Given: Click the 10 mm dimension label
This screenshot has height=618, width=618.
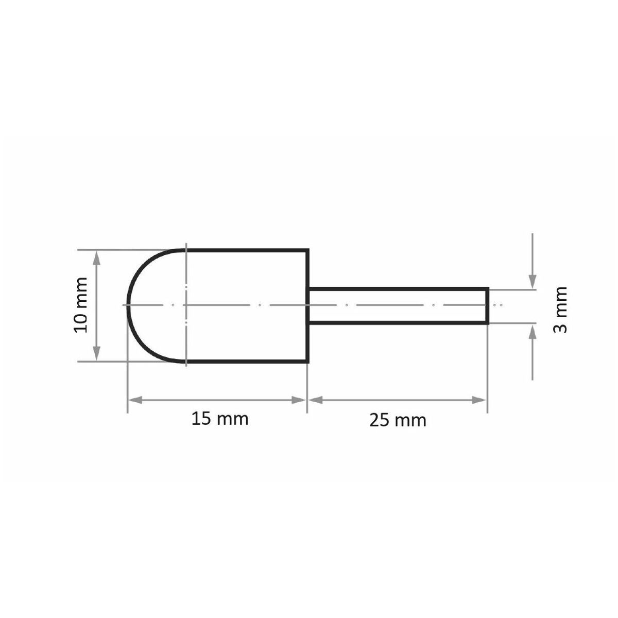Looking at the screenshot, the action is click(x=80, y=305).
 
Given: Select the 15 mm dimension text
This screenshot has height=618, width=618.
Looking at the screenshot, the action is click(x=220, y=419).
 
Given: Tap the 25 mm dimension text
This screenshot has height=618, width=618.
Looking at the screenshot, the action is click(x=398, y=420).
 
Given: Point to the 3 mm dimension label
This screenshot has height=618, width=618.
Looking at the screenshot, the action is click(x=560, y=310).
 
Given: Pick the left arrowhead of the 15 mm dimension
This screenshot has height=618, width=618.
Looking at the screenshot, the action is click(x=135, y=400).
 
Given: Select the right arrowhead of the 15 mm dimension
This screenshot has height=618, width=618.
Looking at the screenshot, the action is click(x=298, y=400).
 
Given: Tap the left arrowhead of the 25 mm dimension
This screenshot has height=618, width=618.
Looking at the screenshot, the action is click(x=316, y=400).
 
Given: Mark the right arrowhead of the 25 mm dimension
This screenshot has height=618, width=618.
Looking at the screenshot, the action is click(x=479, y=400).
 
